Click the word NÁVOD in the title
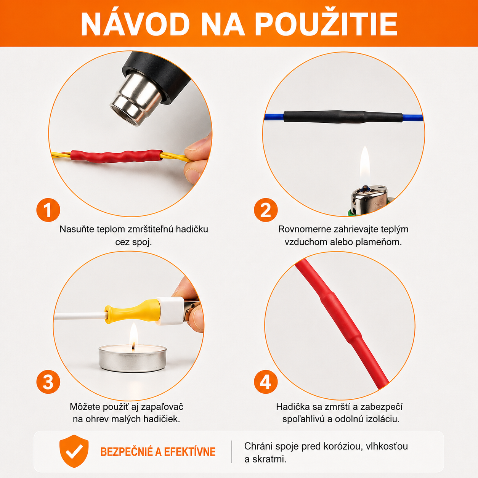135,24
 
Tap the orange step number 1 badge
48,210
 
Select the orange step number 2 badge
266,210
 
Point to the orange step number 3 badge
48,382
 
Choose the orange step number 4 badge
266,382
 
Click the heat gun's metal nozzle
135,99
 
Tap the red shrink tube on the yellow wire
117,156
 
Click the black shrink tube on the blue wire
343,117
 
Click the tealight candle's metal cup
133,358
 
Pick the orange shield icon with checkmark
74,451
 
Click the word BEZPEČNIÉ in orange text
127,452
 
